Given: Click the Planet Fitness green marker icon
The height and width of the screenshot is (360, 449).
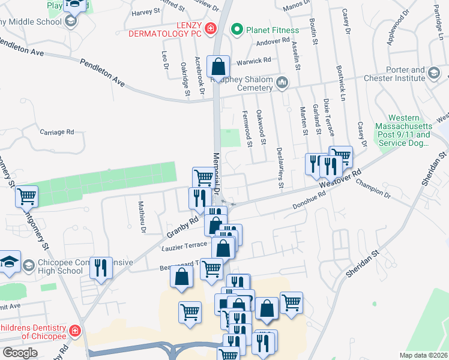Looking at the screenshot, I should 237,29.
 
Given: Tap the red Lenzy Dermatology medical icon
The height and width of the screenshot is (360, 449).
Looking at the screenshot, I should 211,28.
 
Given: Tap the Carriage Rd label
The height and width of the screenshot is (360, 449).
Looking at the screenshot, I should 56,131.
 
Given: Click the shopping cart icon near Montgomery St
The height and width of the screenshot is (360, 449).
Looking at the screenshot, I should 26,196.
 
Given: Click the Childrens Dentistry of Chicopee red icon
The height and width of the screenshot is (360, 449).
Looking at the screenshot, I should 75,331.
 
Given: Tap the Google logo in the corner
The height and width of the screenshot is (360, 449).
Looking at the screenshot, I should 20,353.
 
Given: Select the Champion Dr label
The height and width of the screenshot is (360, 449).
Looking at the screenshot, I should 373,190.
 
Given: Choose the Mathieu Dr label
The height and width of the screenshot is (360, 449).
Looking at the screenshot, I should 143,214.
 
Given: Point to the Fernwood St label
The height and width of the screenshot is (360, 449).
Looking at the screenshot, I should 247,128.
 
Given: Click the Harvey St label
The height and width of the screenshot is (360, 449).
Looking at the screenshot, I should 146,11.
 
